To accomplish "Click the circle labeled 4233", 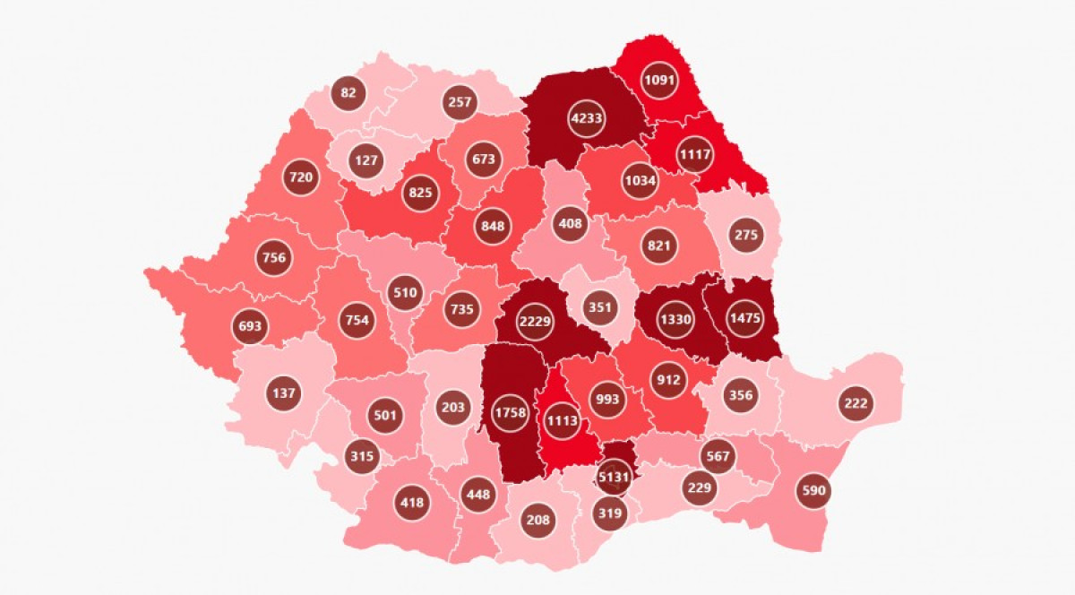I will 587,118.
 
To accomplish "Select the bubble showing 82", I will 348,91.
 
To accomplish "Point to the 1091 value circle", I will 660,79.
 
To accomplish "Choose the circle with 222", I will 856,403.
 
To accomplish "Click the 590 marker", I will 814,490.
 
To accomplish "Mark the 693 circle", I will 250,326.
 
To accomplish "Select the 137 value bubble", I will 282,392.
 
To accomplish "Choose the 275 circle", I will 746,235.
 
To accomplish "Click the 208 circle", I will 539,519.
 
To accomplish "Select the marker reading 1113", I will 563,421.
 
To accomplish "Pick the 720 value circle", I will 301,177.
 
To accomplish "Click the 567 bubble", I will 718,456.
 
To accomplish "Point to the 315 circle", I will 361,457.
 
